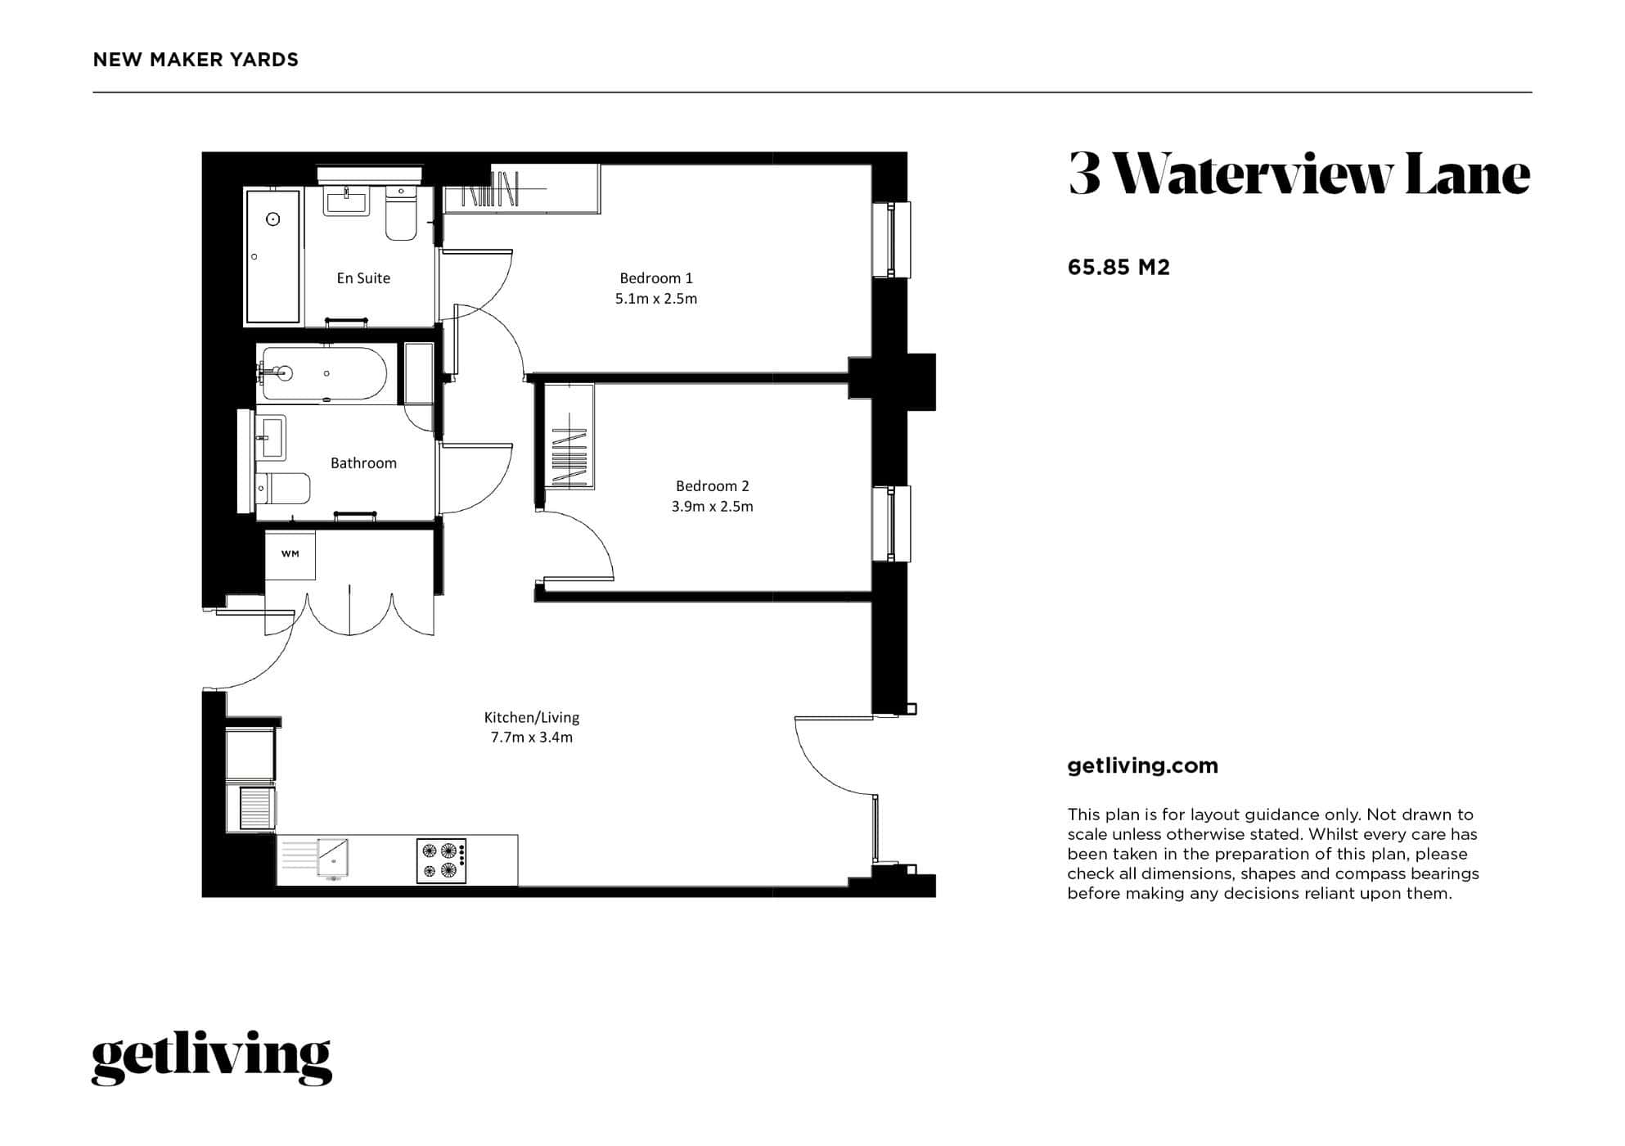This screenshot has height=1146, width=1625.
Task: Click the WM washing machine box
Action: tap(290, 554)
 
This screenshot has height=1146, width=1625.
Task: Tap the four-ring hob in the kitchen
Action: tap(441, 860)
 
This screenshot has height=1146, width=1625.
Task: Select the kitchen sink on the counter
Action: tap(333, 859)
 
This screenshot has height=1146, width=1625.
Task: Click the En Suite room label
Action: tap(363, 278)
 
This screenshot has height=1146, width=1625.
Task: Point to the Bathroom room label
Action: tap(363, 463)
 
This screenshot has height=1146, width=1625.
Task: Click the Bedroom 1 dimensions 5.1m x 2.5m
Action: tap(655, 299)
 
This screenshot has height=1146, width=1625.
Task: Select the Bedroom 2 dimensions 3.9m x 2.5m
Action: tap(712, 507)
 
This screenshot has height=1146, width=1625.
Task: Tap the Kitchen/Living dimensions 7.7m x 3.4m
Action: tap(531, 738)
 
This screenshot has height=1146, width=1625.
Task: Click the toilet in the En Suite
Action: tap(401, 214)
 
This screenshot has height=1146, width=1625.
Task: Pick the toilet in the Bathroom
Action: tap(283, 489)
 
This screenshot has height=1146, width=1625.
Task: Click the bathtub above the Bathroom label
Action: tap(325, 374)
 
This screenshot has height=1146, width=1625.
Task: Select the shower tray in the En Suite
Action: tap(273, 256)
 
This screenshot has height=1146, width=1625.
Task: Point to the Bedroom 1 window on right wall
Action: tap(892, 240)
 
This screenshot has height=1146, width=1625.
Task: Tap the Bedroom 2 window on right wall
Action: tap(892, 524)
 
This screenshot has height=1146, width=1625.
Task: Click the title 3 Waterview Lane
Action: tap(1299, 174)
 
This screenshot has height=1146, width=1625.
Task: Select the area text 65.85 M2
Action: tap(1118, 268)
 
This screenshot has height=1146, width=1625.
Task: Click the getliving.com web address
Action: tap(1142, 766)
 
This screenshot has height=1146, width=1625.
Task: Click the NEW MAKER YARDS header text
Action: tap(196, 60)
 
